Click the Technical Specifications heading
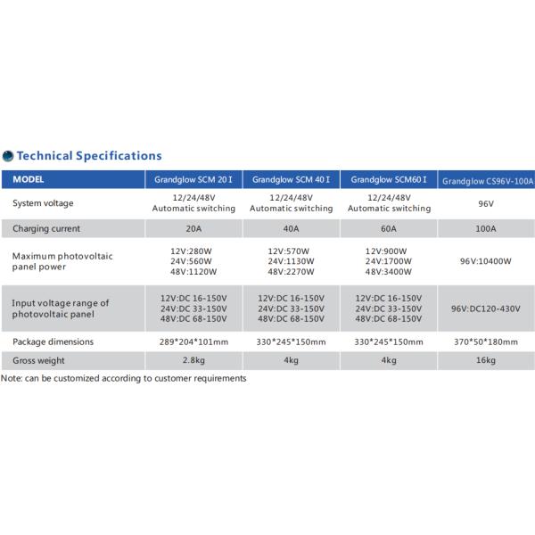click(89, 155)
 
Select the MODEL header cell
click(35, 179)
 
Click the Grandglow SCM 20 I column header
click(193, 179)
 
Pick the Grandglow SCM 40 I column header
click(291, 179)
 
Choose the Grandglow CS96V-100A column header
click(487, 180)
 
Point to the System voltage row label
click(45, 203)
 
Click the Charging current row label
click(48, 228)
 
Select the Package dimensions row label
click(53, 342)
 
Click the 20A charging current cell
click(193, 228)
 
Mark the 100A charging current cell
click(487, 228)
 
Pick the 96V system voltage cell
click(487, 203)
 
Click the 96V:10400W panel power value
click(487, 262)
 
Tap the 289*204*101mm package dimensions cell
click(193, 342)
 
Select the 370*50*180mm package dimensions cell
click(487, 342)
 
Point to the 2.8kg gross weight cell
click(193, 361)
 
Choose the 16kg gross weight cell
click(487, 361)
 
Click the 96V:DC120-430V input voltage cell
click(487, 309)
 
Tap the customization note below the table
click(123, 378)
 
